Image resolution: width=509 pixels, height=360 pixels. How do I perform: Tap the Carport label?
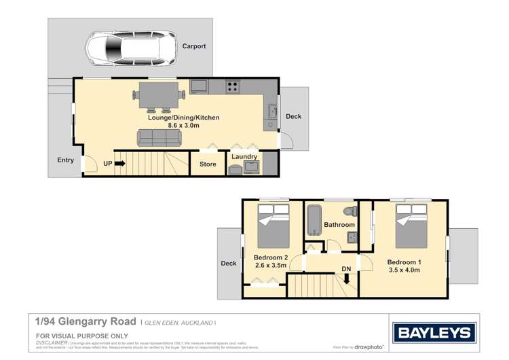(193, 47)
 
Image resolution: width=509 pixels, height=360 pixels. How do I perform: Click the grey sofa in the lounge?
(159, 138)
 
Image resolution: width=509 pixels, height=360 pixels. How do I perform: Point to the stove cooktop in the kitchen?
(232, 86)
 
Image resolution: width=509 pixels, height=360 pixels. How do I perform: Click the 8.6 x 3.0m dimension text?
(183, 126)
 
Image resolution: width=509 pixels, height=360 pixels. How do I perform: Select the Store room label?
(208, 164)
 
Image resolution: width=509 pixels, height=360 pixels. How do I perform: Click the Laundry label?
(244, 157)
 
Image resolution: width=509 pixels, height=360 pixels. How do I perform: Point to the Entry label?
(66, 160)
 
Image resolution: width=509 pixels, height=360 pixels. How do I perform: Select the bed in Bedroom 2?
(273, 228)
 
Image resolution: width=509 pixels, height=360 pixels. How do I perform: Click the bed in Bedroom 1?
(411, 228)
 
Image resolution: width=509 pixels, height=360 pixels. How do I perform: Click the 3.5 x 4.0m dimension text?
(404, 270)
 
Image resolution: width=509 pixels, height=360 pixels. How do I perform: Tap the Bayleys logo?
(434, 333)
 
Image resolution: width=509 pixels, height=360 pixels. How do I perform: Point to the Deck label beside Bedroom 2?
(228, 264)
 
